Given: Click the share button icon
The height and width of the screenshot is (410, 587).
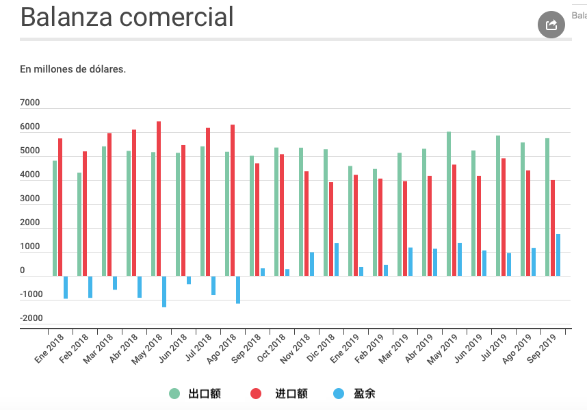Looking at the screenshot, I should [551, 25].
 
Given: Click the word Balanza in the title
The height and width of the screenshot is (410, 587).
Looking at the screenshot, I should [65, 17].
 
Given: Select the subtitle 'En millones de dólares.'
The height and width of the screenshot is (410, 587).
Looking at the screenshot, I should [73, 69].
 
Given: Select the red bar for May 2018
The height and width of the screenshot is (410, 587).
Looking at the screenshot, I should [159, 198].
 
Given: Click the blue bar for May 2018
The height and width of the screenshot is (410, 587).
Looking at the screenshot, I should [164, 292].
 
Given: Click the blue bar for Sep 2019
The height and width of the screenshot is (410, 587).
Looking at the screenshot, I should [558, 255].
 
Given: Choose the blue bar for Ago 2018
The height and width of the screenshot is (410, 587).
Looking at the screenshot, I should [238, 290].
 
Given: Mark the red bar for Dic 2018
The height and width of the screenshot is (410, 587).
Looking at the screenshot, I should [331, 229].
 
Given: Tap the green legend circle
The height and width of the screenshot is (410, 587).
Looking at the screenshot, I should [174, 394].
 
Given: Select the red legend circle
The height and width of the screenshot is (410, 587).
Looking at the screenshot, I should [256, 394].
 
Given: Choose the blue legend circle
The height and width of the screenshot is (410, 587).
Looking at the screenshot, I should [339, 394].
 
